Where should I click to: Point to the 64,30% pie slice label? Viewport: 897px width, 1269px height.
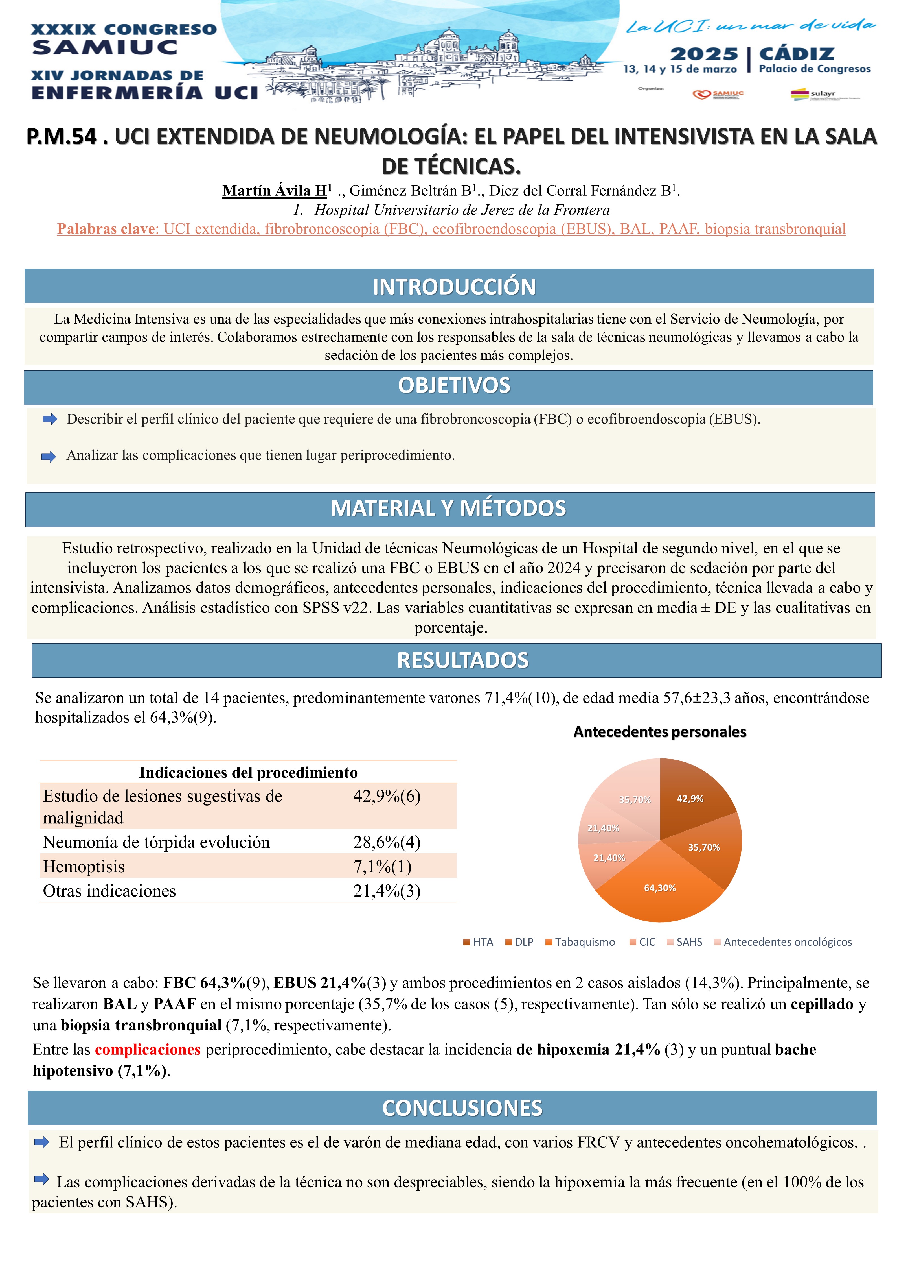(x=659, y=888)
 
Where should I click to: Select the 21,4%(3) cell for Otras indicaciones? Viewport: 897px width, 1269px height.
(x=387, y=891)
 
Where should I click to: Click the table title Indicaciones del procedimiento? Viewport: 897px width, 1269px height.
(x=248, y=772)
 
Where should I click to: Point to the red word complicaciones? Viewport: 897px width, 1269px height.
(x=148, y=1050)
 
